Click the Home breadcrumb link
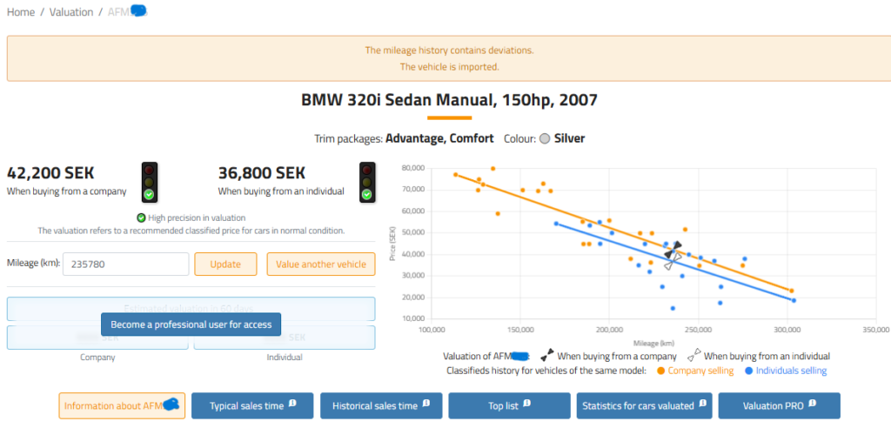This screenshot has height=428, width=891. [21, 12]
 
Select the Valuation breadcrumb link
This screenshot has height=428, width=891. [72, 12]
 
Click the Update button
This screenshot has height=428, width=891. [225, 264]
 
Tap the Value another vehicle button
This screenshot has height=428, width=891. [321, 264]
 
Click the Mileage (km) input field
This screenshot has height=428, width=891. [127, 264]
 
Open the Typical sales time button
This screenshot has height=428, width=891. [251, 406]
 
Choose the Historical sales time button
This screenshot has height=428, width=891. [381, 406]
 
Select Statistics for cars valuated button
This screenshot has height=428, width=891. [643, 406]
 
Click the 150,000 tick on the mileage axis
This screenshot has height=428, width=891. [520, 331]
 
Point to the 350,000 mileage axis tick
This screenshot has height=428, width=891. [875, 331]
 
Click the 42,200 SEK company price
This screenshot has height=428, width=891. [50, 173]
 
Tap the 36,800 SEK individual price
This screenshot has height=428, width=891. [262, 173]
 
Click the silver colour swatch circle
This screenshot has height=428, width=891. [545, 139]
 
